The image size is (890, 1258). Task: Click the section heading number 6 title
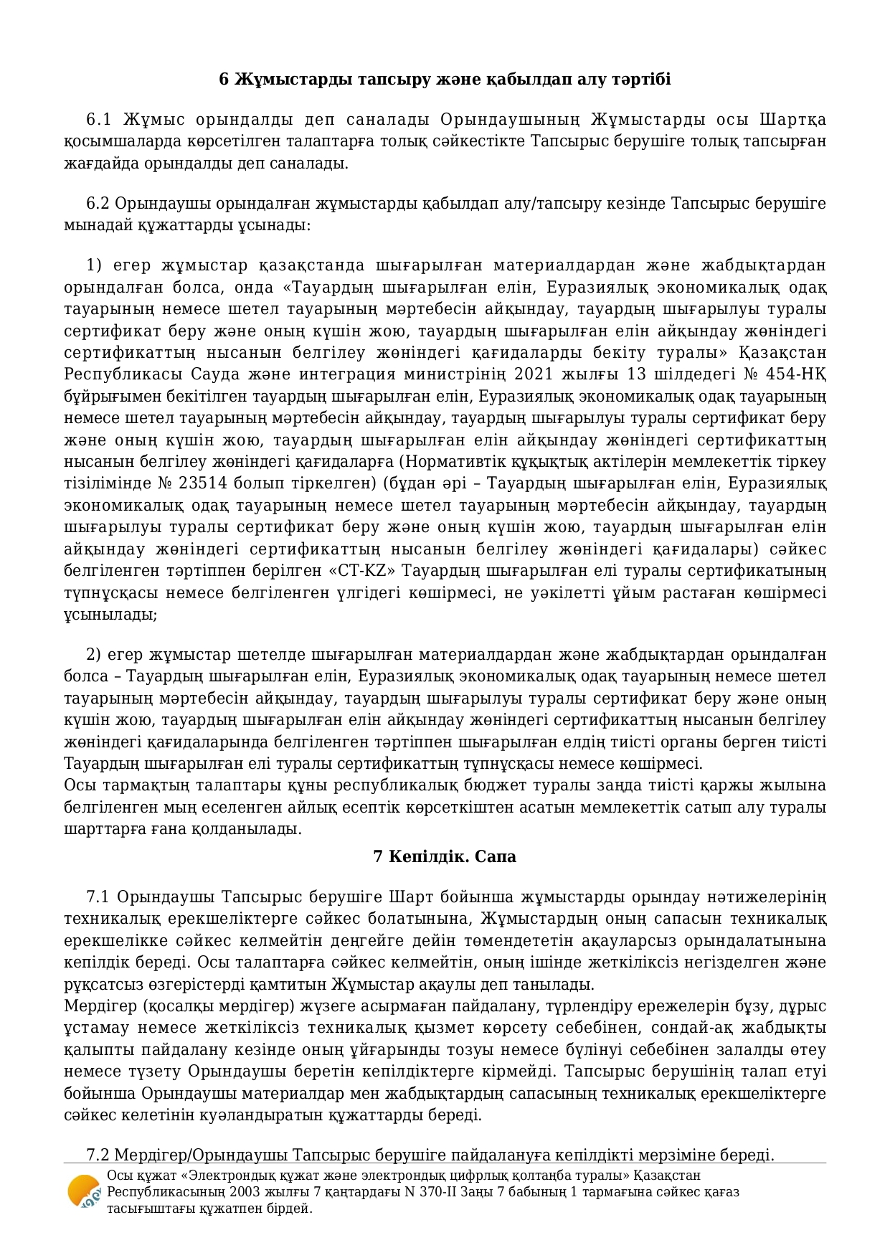coord(445,79)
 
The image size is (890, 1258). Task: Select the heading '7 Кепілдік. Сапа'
coord(445,856)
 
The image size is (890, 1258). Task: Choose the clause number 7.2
coord(98,1155)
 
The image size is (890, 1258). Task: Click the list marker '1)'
coord(93,265)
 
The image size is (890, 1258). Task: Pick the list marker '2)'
coord(93,655)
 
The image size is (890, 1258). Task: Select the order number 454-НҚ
coord(797,374)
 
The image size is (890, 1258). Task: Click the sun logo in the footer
coord(83,1192)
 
